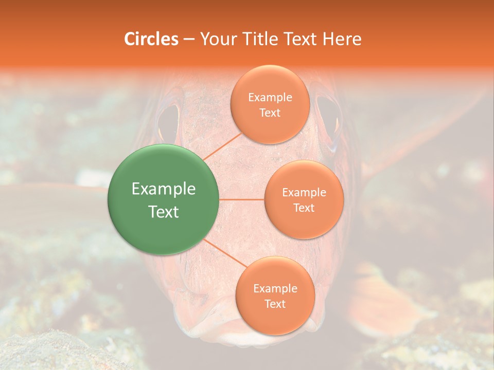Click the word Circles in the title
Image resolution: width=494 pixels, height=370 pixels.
coord(151,39)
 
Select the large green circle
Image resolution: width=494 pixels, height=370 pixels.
coord(164,199)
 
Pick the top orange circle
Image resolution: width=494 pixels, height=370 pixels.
coord(270,104)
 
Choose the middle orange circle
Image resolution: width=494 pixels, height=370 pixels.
coord(304,199)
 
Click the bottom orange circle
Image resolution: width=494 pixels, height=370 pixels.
coord(275,295)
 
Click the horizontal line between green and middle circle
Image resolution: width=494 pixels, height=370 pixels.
coord(242,199)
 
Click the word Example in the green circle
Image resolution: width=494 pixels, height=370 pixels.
coord(164,189)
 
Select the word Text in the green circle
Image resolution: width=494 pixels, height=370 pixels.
coord(164,212)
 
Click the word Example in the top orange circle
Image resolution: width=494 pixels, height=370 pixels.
coord(270,98)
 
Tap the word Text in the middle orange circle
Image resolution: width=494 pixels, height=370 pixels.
coord(304,208)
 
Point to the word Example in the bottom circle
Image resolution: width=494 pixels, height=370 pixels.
coord(275,288)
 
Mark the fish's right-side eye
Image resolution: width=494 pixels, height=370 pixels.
coord(328,118)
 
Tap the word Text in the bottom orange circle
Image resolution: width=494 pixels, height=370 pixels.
coord(275,304)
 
